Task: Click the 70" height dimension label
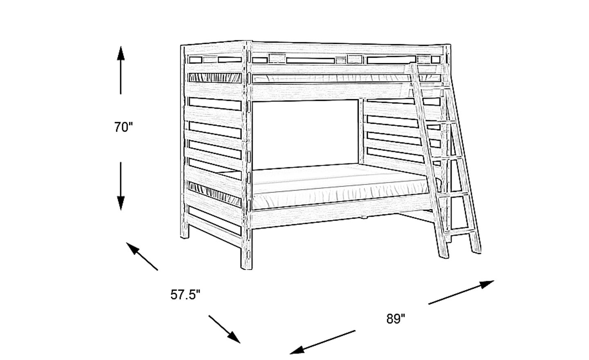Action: (x=124, y=128)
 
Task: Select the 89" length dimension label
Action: (x=396, y=319)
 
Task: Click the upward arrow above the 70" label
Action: (x=121, y=70)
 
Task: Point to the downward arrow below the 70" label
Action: (x=121, y=186)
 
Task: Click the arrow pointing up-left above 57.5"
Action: (x=142, y=256)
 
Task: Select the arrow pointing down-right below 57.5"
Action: (x=225, y=329)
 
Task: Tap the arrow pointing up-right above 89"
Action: (x=461, y=292)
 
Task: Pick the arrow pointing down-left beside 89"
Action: (x=323, y=342)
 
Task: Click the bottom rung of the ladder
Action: (x=460, y=231)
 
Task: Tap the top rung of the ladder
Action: (x=432, y=87)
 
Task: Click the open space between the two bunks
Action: (x=305, y=134)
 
